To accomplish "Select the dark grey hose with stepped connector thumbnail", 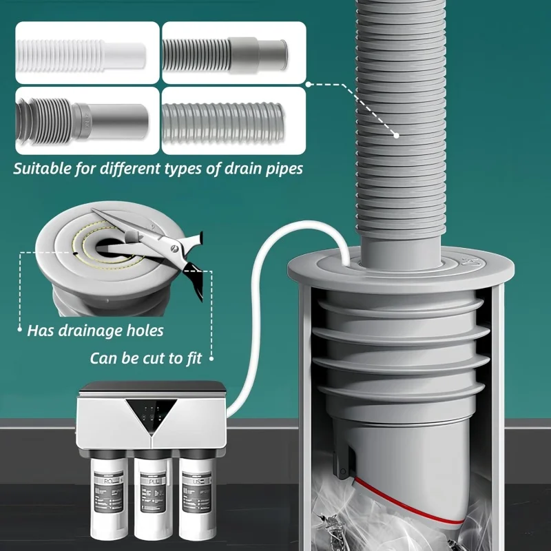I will [233, 52].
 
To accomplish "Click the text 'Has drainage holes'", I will [95, 331].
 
